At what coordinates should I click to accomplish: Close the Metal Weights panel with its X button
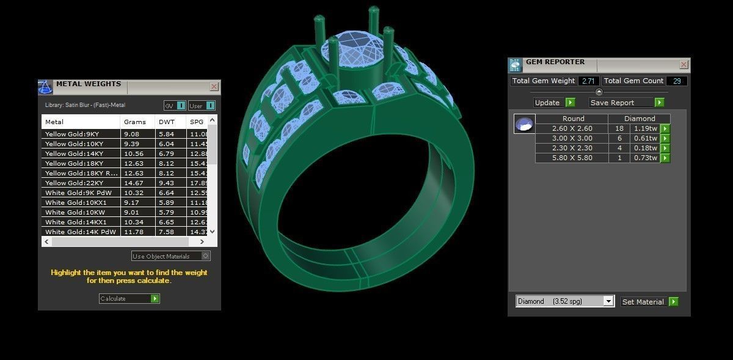click(214, 87)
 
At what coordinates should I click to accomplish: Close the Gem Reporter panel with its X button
click(684, 64)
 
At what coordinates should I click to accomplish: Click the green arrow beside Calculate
click(155, 299)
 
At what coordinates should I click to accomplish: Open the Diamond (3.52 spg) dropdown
click(608, 301)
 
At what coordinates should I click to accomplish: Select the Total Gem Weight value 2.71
click(588, 81)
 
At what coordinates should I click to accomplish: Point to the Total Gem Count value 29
click(677, 81)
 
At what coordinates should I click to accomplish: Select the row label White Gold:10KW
click(67, 212)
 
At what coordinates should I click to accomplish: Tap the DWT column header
click(167, 122)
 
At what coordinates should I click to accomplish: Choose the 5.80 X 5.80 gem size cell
click(571, 158)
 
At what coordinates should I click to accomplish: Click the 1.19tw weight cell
click(645, 129)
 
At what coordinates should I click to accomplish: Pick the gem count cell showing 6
click(619, 139)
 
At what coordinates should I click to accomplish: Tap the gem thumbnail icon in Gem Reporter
click(524, 124)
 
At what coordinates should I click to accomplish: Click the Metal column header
click(80, 122)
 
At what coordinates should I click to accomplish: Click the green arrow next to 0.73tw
click(665, 158)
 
